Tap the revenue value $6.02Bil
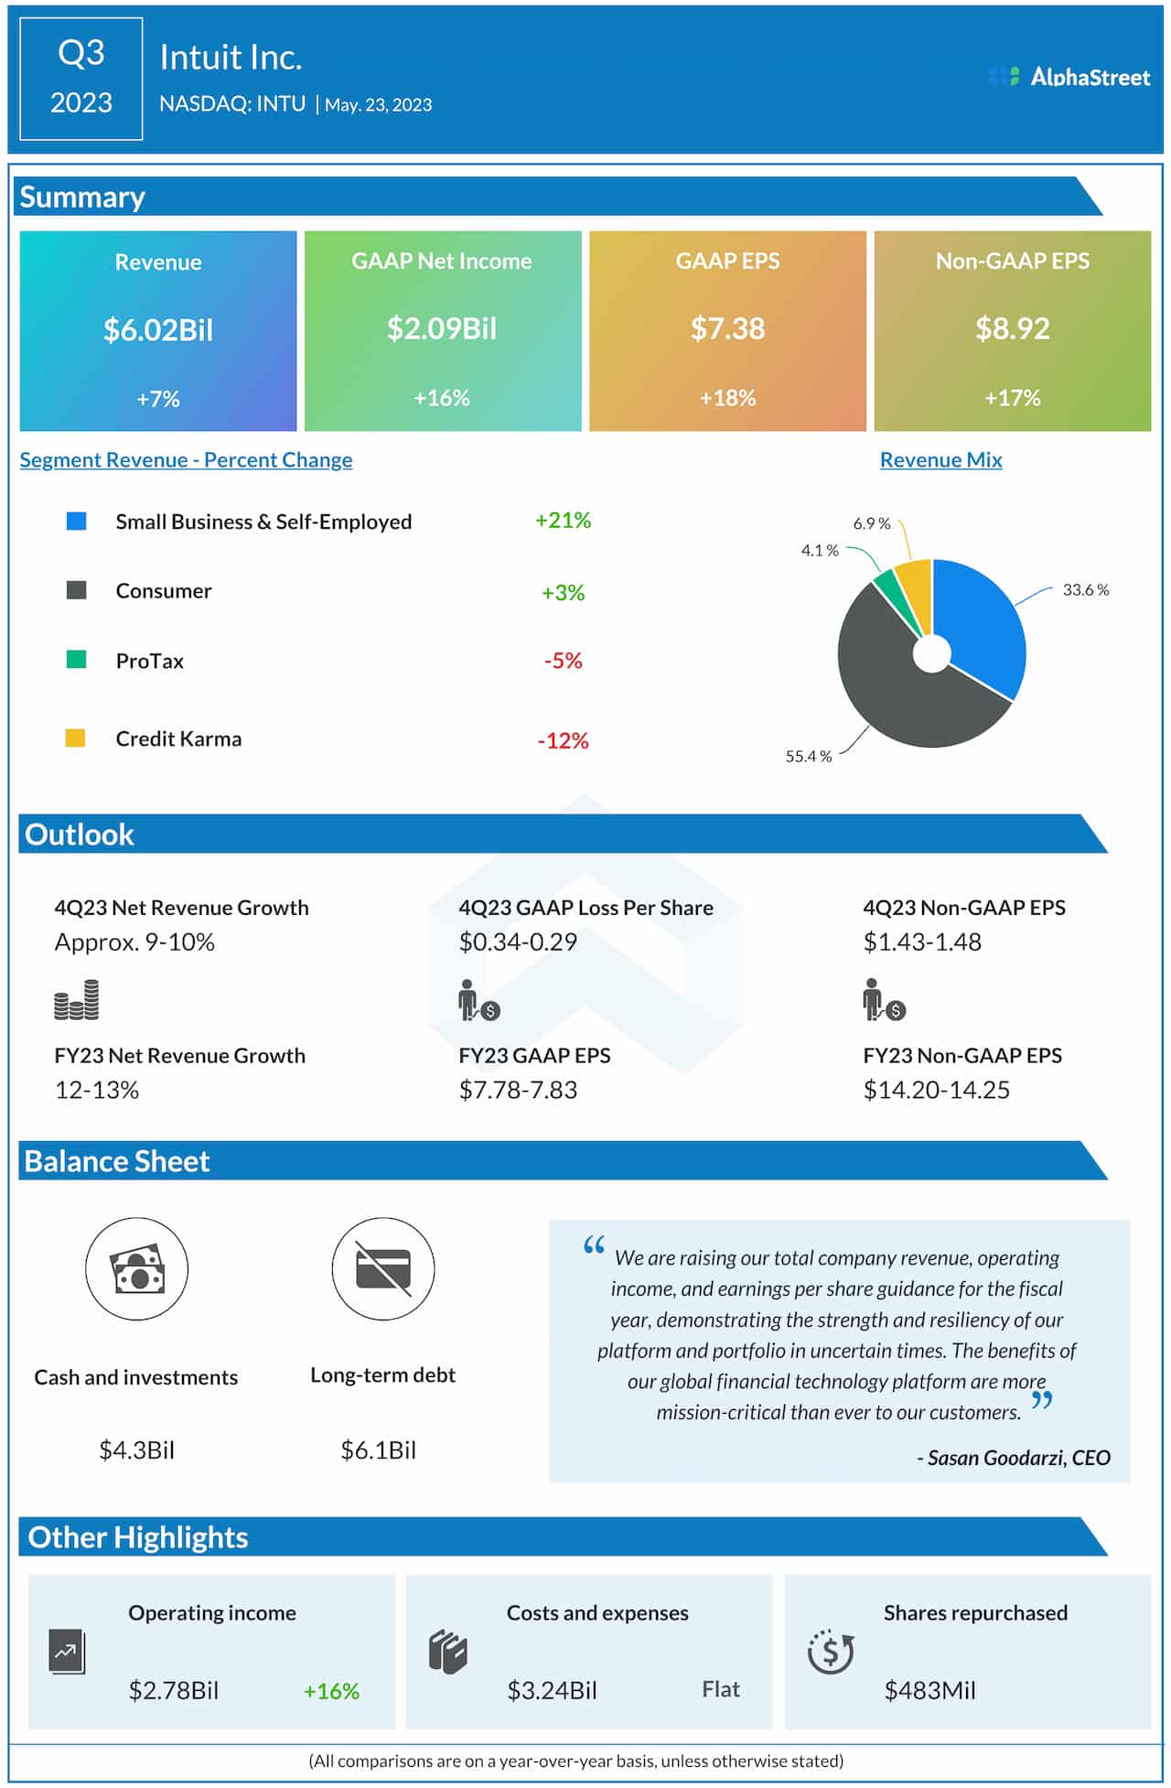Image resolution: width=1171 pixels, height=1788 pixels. tap(158, 329)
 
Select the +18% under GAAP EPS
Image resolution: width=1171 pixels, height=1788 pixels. tap(727, 398)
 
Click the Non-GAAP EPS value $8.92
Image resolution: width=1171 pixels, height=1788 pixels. tap(1012, 329)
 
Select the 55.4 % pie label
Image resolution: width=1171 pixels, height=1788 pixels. tap(809, 757)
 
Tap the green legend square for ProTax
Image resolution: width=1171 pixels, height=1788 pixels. tap(77, 660)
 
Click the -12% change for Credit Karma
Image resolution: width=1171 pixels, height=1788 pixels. tap(563, 740)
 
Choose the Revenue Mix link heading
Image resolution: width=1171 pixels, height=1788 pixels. tap(940, 460)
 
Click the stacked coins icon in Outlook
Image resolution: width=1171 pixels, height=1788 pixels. tap(77, 1000)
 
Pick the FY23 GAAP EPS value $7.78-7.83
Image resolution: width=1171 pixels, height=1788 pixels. tap(518, 1090)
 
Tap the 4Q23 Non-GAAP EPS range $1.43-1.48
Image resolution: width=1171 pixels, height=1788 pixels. tap(922, 942)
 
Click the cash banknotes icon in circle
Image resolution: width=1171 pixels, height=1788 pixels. tap(137, 1269)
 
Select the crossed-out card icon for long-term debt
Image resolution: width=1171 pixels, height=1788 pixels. tap(383, 1269)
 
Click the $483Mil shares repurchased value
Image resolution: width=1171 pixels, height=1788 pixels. tap(929, 1690)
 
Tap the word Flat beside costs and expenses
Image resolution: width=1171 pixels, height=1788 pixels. tap(721, 1689)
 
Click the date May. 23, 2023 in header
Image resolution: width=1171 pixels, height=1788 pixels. tap(378, 105)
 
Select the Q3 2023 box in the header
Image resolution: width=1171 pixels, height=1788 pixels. tap(81, 79)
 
